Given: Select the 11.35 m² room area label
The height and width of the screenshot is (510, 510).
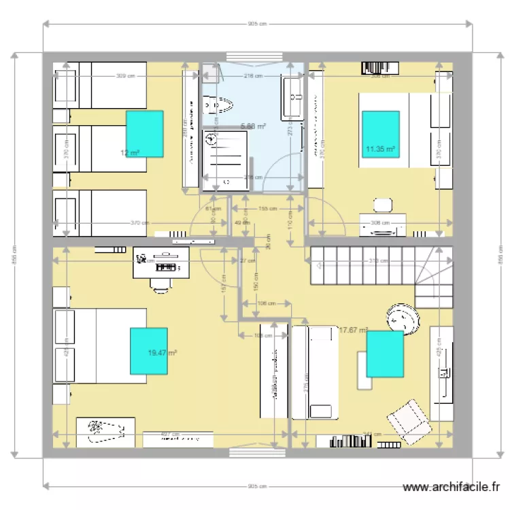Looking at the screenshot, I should [x=381, y=148].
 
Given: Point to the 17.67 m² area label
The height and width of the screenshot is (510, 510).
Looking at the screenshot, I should [x=353, y=330].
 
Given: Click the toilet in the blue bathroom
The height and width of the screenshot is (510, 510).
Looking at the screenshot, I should [x=219, y=105].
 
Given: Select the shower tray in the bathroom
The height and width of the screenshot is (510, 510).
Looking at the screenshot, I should [x=226, y=160].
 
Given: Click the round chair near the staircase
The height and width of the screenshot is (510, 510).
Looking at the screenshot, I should [x=401, y=318].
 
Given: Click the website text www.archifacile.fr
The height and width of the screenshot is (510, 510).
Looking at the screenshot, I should [x=452, y=487].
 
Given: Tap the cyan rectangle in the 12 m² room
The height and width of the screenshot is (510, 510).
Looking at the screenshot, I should [x=144, y=134].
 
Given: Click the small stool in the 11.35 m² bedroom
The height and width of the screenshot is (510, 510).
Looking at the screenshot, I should [x=383, y=205].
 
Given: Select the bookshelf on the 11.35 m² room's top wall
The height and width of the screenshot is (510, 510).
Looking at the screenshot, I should [x=376, y=67].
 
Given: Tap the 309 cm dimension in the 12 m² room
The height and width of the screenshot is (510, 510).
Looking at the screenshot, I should [x=122, y=75].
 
